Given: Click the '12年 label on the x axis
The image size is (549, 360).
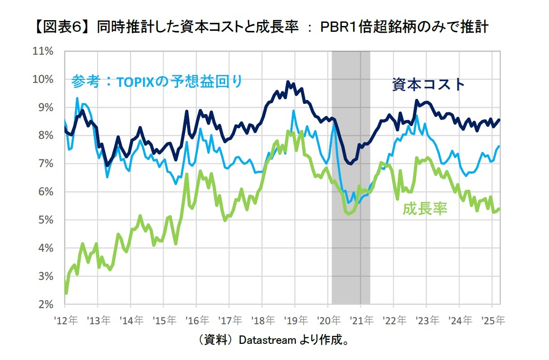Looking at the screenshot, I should point(65,321).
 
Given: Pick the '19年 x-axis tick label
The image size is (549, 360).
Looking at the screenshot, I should point(295,321).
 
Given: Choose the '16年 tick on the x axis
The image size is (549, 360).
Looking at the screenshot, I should point(197,321).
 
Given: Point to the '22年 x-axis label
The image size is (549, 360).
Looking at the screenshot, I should point(394,321).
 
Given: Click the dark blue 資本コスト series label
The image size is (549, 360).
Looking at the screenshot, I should point(429,84).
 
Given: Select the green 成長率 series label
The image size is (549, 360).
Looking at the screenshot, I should point(425,209).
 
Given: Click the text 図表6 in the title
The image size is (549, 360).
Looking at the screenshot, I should point(61,27).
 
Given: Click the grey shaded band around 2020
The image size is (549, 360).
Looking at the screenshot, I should point(351,179).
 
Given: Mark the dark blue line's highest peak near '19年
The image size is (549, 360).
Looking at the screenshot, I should point(288,82).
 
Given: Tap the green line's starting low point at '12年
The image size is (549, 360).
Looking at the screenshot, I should point(66,293).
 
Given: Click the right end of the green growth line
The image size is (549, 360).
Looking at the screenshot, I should point(499,208).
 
